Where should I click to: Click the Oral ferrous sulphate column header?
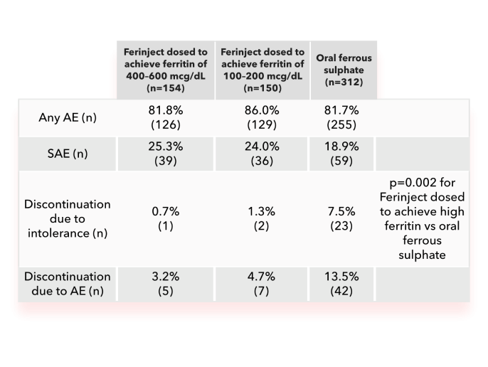tap(343, 70)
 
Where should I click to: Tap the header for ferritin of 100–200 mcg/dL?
tap(262, 70)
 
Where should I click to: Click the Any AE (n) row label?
tap(67, 117)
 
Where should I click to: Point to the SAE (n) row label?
tap(67, 154)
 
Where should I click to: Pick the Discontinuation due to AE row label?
tap(67, 283)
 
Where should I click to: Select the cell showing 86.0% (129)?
tap(262, 117)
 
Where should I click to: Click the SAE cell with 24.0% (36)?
tap(262, 154)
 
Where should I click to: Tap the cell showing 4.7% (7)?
tap(262, 283)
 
